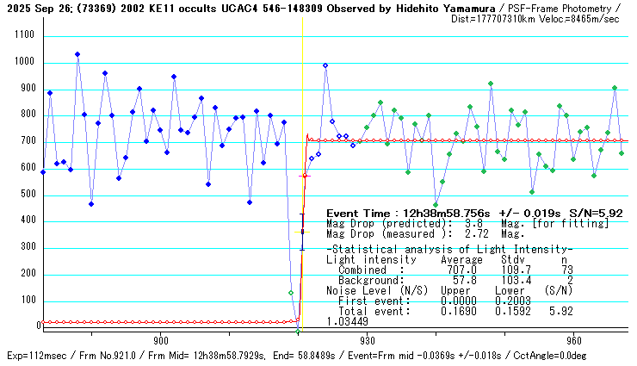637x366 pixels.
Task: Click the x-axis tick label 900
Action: point(158,339)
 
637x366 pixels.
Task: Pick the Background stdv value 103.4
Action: point(511,281)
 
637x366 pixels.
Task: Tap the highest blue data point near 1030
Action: point(77,54)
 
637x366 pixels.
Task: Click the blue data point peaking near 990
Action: point(325,65)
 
